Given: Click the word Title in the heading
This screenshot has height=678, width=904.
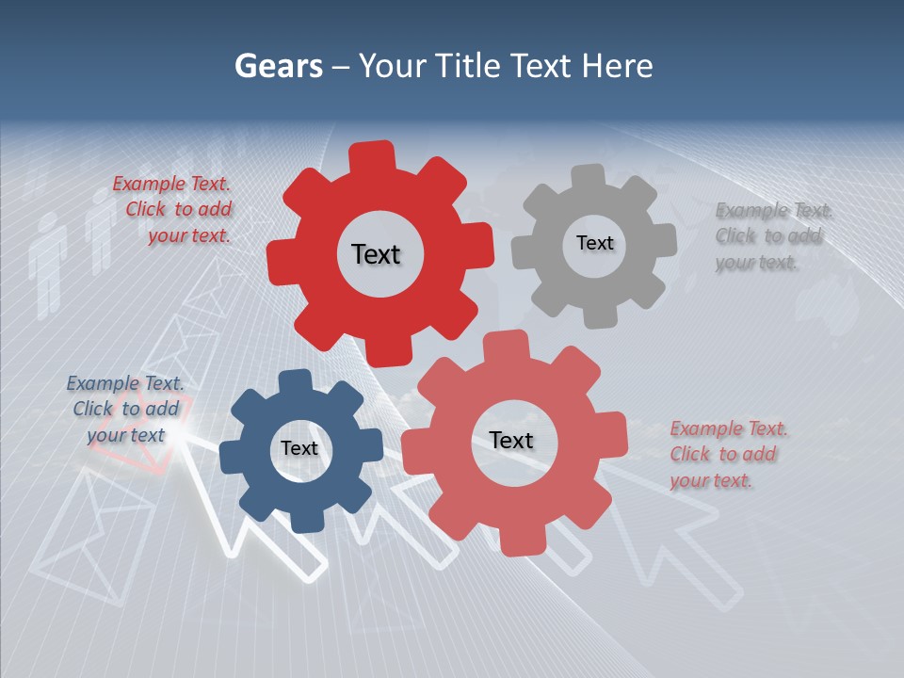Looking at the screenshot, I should pos(468,66).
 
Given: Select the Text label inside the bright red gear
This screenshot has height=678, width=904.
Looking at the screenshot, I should pos(376,254).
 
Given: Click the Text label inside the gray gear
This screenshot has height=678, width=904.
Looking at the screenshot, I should pos(594,243).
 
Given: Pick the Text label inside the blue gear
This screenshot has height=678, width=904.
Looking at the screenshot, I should pos(299,448).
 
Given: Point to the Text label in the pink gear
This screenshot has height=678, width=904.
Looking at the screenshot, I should pos(511,440).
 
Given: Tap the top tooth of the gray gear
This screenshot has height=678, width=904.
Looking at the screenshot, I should pos(589,178).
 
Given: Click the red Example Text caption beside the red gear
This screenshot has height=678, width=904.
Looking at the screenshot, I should pos(173,210).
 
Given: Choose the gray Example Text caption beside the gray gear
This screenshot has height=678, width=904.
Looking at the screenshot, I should pos(772,236).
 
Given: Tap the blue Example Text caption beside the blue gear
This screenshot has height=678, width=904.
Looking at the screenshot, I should pos(125,409).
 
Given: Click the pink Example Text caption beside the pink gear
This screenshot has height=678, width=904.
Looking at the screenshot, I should pos(727,454).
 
